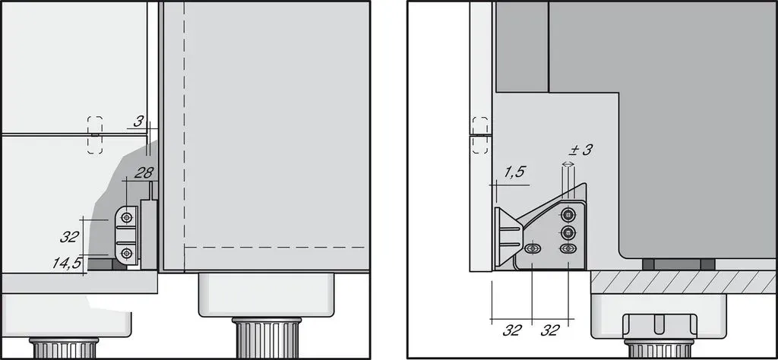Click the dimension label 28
(144, 172)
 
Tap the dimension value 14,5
(67, 263)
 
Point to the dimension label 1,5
(515, 172)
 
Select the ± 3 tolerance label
(580, 150)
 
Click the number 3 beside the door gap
(139, 121)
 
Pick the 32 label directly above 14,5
(69, 236)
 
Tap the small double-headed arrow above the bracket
(568, 163)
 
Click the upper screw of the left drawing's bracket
(128, 217)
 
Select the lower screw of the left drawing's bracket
(128, 254)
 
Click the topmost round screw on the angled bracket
(568, 215)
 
